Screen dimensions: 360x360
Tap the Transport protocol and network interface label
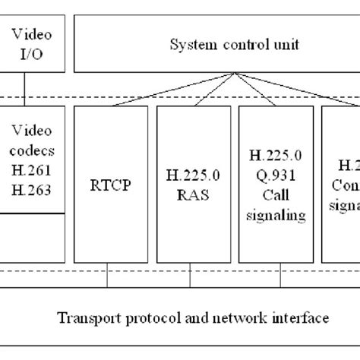pyautogui.click(x=194, y=317)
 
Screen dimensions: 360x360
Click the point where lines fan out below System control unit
pyautogui.click(x=235, y=76)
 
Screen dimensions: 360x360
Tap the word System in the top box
pyautogui.click(x=188, y=44)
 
